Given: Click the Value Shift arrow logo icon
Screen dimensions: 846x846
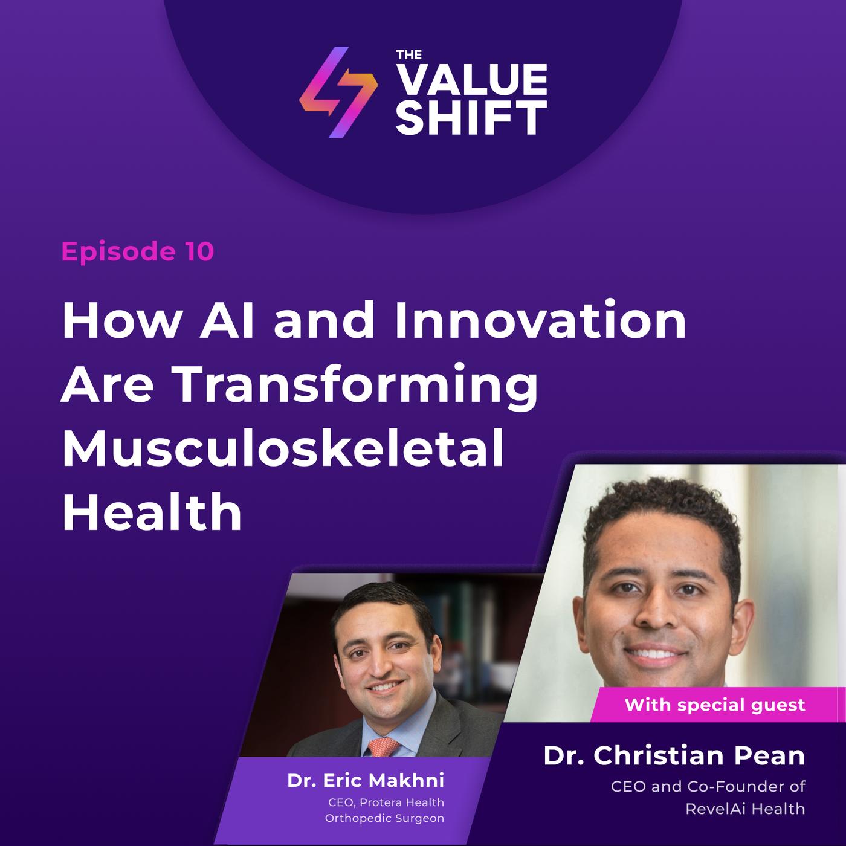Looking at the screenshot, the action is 338,92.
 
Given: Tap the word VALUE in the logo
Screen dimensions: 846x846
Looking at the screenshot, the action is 472,80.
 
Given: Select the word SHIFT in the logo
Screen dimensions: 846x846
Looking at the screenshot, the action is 472,118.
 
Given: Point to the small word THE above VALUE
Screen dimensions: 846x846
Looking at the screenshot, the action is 408,55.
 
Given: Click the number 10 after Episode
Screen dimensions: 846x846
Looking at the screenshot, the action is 199,252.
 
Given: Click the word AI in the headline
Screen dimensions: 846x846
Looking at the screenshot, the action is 227,320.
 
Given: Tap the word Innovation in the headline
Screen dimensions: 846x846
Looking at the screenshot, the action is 540,320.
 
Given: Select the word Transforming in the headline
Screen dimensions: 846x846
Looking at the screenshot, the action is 355,385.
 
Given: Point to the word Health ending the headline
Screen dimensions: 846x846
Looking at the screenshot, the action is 152,512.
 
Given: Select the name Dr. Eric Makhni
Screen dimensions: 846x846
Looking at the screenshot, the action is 365,780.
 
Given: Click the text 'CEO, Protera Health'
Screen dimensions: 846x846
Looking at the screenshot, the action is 386,802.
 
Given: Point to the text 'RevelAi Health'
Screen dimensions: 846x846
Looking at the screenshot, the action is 745,809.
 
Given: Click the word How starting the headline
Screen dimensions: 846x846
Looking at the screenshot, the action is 121,320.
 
